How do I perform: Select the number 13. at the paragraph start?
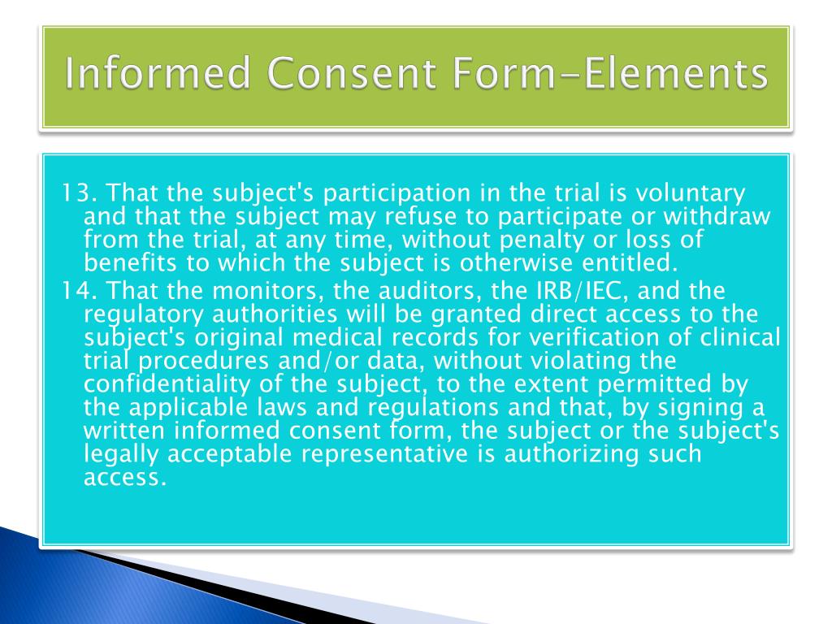80,194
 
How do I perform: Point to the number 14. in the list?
80,290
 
